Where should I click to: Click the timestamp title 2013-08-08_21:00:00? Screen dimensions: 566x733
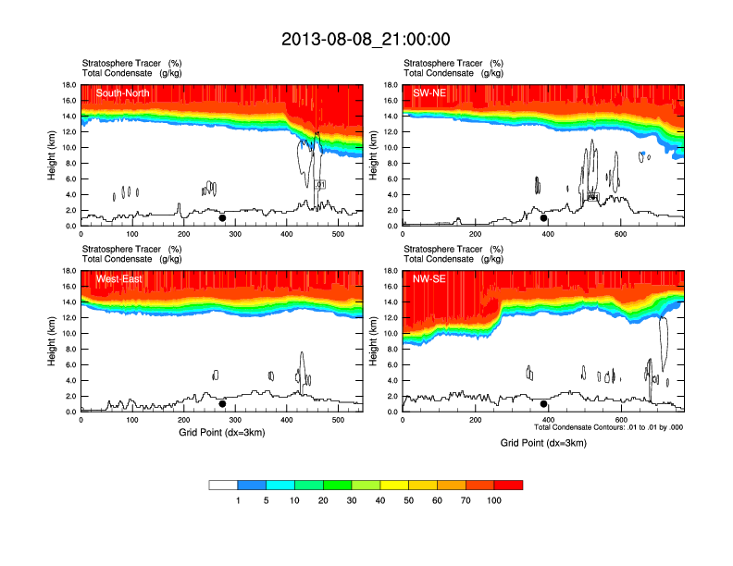(366, 39)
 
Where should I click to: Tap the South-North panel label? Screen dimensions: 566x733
(122, 92)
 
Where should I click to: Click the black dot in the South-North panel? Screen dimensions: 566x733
(222, 218)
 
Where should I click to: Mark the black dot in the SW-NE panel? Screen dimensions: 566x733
(544, 218)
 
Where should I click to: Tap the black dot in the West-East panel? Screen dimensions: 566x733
(222, 404)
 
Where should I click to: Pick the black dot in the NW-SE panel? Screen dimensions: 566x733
(544, 404)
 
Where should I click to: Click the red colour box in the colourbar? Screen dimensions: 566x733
(508, 485)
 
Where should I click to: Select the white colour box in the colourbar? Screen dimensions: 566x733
(224, 485)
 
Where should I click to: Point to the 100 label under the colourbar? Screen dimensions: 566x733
(494, 500)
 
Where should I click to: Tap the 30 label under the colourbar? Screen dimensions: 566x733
(352, 500)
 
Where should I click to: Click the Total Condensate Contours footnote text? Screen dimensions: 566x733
(608, 427)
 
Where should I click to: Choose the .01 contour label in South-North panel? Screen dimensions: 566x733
(320, 185)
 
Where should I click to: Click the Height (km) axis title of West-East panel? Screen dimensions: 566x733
(51, 341)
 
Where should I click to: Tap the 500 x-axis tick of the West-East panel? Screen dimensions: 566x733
(337, 420)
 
